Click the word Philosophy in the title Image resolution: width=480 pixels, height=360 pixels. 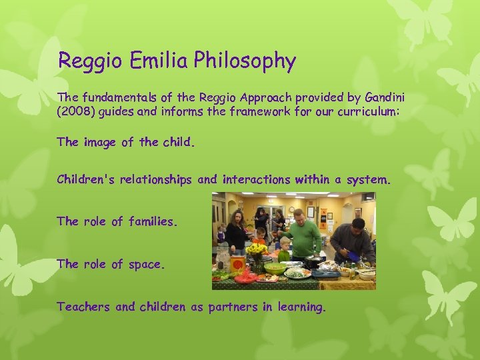point(245,61)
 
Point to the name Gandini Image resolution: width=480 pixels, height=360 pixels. point(383,98)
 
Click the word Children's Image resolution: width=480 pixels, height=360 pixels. point(88,179)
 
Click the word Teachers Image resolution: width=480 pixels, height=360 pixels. point(84,307)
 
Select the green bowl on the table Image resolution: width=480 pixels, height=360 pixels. point(274,269)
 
